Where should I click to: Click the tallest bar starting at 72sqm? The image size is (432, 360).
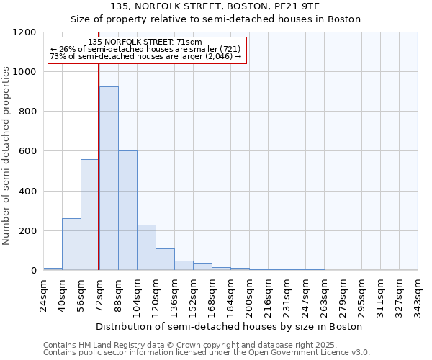(x=109, y=179)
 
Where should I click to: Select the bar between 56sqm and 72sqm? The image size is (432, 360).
(x=90, y=215)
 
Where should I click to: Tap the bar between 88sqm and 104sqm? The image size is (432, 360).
(x=127, y=210)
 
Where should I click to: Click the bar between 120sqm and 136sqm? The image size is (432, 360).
(x=165, y=259)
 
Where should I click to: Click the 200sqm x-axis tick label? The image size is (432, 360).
(x=249, y=294)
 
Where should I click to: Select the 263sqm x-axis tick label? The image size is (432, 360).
(x=324, y=294)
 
